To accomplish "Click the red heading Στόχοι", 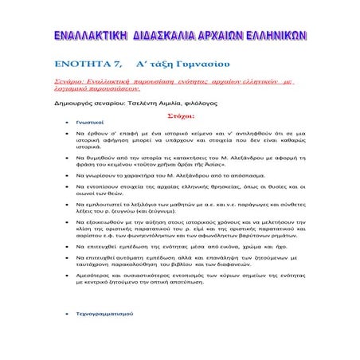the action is pos(179,115).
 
